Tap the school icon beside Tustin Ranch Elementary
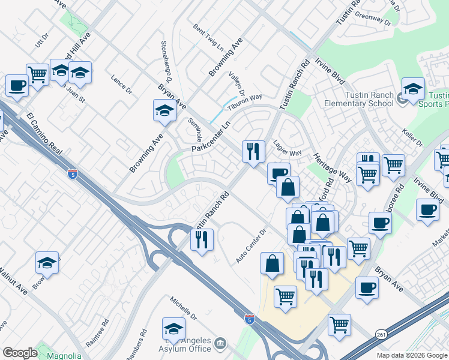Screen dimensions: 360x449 click(x=412, y=90)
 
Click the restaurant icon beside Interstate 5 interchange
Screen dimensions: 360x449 click(x=202, y=240)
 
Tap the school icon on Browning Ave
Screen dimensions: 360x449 click(x=164, y=111)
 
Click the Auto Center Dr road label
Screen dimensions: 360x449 click(x=251, y=247)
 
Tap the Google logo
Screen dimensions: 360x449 click(x=20, y=353)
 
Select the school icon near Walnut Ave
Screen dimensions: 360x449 click(x=47, y=262)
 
